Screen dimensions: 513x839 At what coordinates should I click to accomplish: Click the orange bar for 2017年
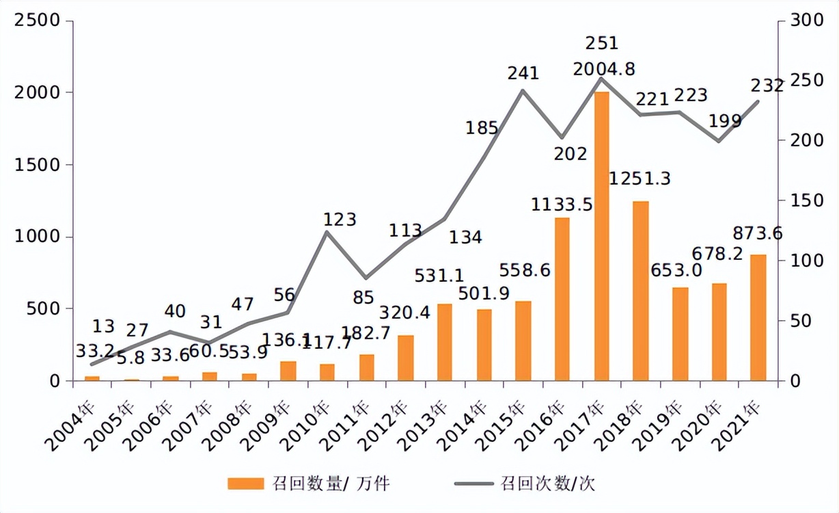pyautogui.click(x=601, y=236)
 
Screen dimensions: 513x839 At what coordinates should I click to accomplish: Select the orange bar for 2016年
pyautogui.click(x=562, y=299)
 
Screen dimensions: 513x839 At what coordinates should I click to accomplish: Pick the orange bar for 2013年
pyautogui.click(x=445, y=342)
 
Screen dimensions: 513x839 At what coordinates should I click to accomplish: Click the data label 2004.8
pyautogui.click(x=605, y=68)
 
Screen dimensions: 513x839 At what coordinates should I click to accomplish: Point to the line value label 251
pyautogui.click(x=602, y=44)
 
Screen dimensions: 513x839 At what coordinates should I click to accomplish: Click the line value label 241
pyautogui.click(x=523, y=73)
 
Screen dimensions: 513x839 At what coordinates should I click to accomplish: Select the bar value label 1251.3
pyautogui.click(x=639, y=179)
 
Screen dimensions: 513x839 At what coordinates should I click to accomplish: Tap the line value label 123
pyautogui.click(x=340, y=220)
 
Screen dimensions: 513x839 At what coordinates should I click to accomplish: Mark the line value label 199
pyautogui.click(x=725, y=122)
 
